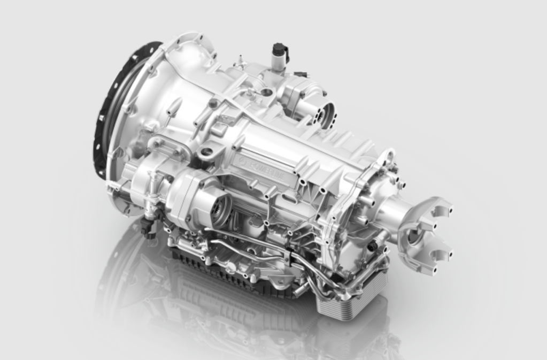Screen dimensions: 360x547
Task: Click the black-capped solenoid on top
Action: pos(279,51)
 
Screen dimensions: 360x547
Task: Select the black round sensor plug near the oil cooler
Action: pos(372,247)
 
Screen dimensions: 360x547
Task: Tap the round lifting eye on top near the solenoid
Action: pos(265,93)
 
